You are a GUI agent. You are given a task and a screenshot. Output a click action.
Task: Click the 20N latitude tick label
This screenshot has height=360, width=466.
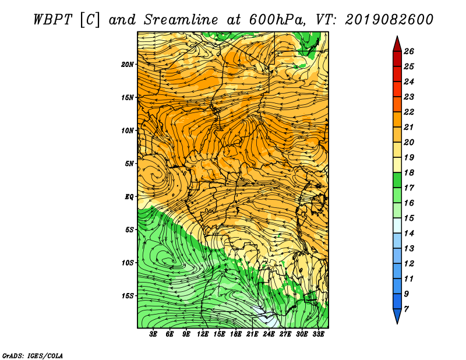click(x=128, y=65)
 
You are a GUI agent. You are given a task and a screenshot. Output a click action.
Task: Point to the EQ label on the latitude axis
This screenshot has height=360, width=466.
click(x=129, y=197)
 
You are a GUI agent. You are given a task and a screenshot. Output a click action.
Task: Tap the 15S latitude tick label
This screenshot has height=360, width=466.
click(x=128, y=296)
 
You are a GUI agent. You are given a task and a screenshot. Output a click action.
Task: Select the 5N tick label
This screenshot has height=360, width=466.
click(x=129, y=164)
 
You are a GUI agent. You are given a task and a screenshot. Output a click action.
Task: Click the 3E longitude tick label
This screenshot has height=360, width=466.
click(x=153, y=334)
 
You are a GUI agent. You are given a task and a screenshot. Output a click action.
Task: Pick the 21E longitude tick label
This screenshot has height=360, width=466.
click(x=252, y=334)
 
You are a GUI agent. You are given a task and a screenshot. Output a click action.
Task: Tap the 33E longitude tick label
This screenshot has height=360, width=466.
click(x=318, y=334)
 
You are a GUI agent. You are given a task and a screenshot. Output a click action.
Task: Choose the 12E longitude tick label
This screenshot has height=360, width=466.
click(x=202, y=334)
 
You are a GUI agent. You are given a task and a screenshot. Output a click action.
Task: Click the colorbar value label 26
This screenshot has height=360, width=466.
click(x=409, y=51)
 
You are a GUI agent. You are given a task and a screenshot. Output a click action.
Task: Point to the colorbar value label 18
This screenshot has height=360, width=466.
click(x=409, y=172)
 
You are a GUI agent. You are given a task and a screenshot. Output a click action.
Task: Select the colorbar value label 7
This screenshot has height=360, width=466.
click(x=407, y=309)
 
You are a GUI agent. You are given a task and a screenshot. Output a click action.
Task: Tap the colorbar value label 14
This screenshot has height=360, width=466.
click(x=409, y=234)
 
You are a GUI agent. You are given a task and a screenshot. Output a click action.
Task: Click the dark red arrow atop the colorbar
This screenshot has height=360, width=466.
click(x=397, y=44)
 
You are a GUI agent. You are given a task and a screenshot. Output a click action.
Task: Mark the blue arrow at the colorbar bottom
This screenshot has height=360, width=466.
click(x=397, y=316)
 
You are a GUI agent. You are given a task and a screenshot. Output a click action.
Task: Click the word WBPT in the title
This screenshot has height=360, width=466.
click(x=52, y=20)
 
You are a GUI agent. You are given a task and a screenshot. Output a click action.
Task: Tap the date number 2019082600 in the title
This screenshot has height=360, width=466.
click(x=389, y=20)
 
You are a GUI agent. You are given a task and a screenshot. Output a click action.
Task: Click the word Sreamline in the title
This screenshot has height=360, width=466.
click(x=181, y=20)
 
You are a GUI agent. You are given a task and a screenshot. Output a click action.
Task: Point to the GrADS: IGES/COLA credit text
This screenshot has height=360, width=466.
click(x=33, y=356)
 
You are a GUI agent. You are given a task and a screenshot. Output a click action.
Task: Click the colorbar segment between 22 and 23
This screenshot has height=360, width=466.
click(x=397, y=104)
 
